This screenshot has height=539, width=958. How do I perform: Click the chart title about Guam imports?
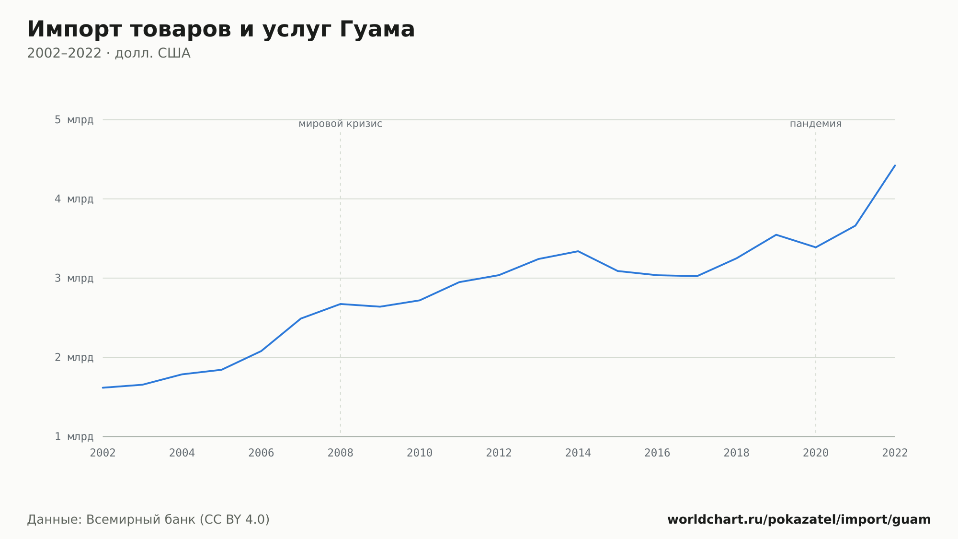tap(221, 30)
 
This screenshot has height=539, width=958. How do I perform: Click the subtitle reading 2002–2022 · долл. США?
tap(109, 53)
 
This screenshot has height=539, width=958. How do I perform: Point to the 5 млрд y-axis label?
tap(74, 119)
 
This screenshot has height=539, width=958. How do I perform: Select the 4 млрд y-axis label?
tap(74, 199)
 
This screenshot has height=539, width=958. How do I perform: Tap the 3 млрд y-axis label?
tap(74, 278)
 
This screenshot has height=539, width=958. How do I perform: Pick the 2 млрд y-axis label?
tap(74, 357)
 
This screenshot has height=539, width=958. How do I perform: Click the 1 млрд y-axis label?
tap(74, 436)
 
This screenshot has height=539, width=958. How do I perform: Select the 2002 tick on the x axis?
tap(103, 453)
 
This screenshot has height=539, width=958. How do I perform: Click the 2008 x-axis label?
tap(341, 453)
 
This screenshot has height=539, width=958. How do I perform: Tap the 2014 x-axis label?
tap(578, 453)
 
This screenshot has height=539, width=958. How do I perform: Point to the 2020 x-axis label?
tap(816, 453)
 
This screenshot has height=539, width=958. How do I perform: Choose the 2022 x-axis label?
tap(895, 453)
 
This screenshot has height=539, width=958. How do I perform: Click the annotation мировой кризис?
tap(341, 124)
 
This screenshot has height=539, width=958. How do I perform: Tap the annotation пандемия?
tap(816, 124)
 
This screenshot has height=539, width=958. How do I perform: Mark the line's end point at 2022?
tap(895, 165)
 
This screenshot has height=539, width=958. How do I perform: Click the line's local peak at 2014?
tap(578, 251)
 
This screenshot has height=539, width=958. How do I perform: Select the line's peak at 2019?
tap(776, 234)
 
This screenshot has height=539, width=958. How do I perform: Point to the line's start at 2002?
tap(103, 387)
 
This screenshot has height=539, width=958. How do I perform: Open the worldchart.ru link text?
tap(799, 519)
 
